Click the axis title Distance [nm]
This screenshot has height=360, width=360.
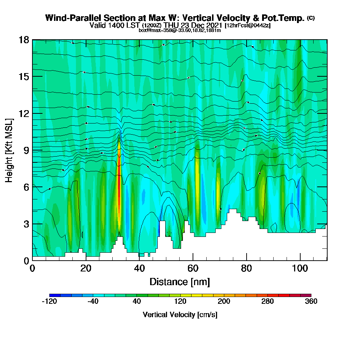point(180,282)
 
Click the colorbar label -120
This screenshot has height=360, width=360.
point(49,302)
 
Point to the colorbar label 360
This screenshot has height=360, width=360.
point(311,302)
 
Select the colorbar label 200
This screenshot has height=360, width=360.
point(224,302)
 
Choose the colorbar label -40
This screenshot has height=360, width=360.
point(93,302)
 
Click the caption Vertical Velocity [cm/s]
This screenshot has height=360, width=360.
point(180,315)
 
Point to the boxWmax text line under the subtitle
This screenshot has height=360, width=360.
point(180,30)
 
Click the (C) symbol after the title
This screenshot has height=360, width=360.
point(311,18)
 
